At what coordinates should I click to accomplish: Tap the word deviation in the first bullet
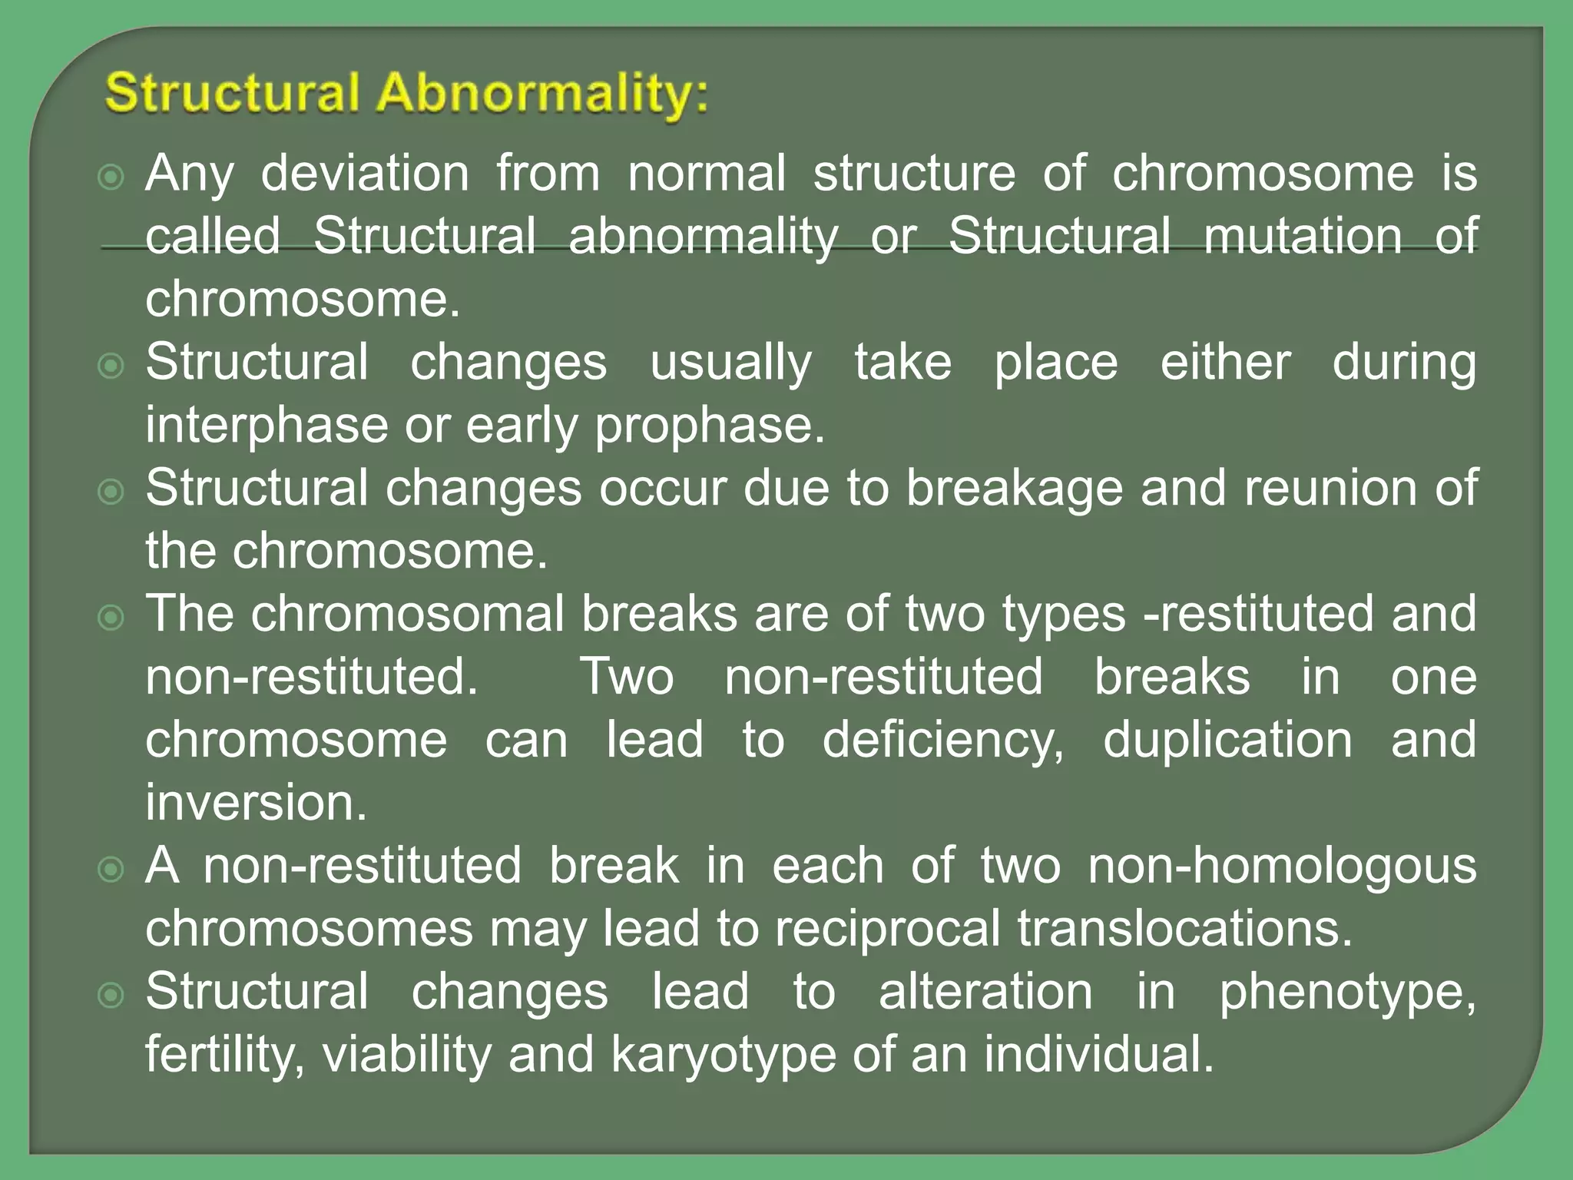point(365,174)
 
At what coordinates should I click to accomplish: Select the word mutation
point(1303,237)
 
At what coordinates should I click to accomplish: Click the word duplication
point(1227,741)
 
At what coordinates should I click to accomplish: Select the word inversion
point(257,804)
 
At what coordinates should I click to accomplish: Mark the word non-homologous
point(1282,867)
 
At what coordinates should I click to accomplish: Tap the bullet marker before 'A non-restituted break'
point(111,870)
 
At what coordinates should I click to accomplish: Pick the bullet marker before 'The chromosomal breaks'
point(111,618)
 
